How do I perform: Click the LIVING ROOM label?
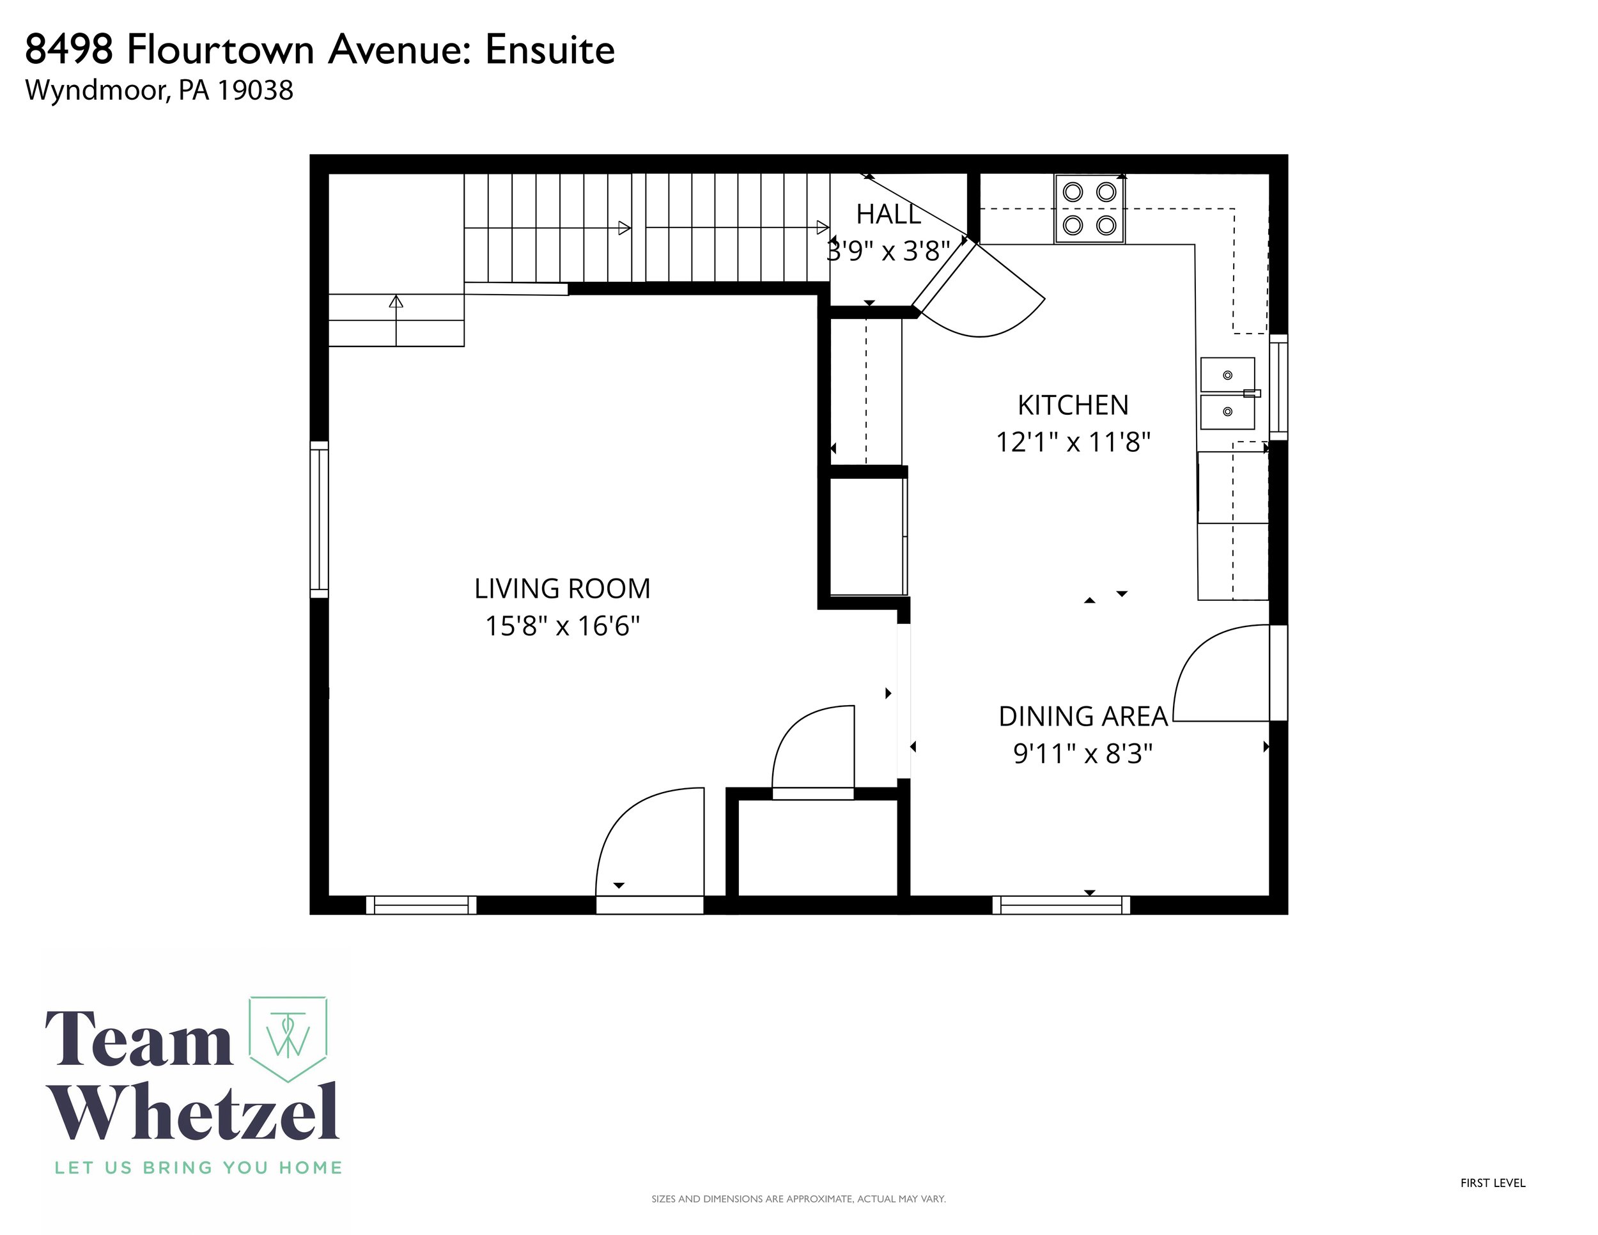coord(562,589)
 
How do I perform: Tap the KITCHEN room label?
coord(1073,405)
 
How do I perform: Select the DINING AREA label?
coord(1083,717)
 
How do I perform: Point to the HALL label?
coord(888,214)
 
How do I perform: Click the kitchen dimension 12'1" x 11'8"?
coord(1073,442)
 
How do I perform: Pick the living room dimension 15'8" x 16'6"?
coord(562,626)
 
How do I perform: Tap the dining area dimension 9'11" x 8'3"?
coord(1083,754)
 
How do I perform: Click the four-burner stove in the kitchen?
coord(1089,208)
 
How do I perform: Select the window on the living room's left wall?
coord(319,520)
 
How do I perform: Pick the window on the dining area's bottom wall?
coord(1061,905)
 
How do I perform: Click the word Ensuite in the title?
coord(550,50)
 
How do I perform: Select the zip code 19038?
coord(255,90)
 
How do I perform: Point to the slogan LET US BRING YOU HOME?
coord(198,1168)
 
